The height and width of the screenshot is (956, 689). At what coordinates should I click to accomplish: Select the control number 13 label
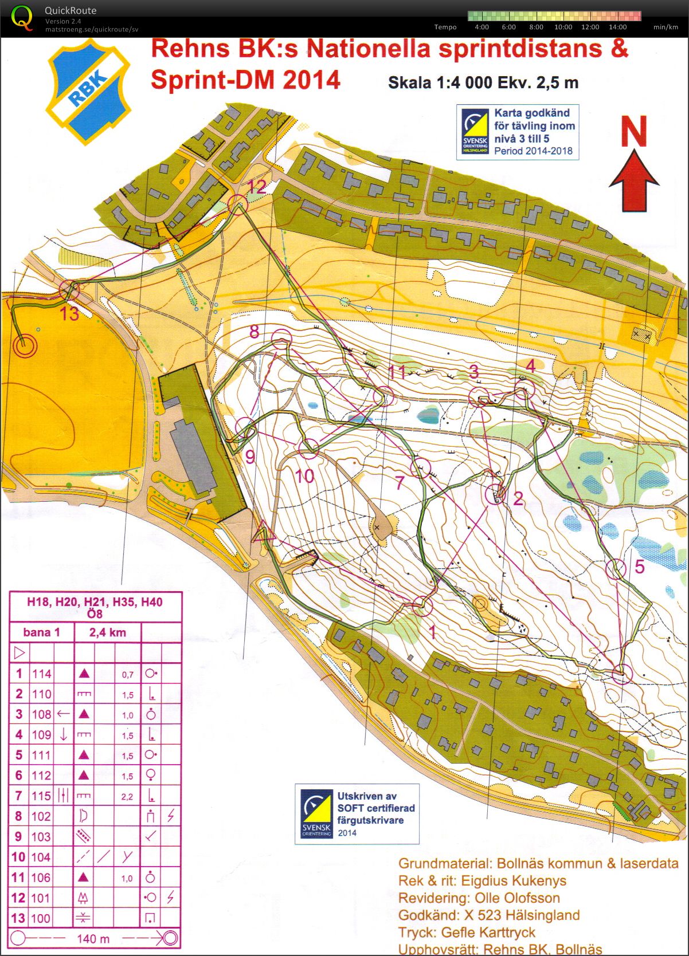(69, 313)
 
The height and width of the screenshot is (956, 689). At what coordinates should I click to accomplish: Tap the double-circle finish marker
(24, 346)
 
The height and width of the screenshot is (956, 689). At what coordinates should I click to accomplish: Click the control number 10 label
(304, 475)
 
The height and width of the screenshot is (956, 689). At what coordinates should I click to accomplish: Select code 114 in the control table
(41, 674)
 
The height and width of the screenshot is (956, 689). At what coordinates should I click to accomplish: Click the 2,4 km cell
(107, 632)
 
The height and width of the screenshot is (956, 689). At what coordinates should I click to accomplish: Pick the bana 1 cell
(41, 632)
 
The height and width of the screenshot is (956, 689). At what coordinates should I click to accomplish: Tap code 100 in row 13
(41, 918)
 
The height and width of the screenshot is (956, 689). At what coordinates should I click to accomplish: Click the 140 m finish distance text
(93, 938)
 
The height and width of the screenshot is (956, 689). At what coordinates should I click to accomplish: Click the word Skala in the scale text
(409, 83)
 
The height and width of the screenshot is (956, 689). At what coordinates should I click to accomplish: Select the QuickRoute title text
(71, 10)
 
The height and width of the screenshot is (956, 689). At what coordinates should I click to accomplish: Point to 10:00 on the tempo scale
(563, 27)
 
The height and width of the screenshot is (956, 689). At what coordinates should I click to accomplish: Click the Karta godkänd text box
(518, 132)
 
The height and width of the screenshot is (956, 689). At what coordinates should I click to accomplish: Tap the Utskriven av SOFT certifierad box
(357, 813)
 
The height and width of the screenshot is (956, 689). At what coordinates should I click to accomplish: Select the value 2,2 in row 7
(127, 796)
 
